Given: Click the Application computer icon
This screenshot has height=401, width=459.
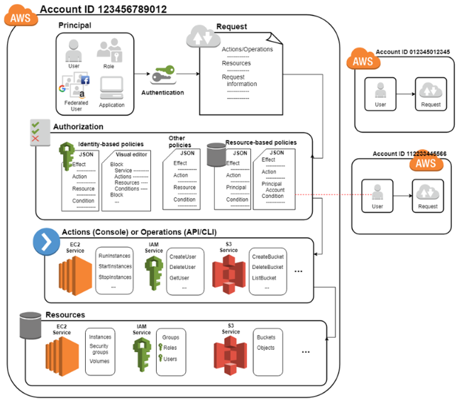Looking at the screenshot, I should (112, 87).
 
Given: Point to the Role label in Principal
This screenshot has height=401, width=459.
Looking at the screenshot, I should (109, 65).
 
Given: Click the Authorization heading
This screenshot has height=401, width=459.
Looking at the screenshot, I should (78, 127).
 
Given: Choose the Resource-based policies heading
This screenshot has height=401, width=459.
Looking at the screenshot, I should (260, 142).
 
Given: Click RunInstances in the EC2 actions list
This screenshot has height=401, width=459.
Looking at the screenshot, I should (115, 254).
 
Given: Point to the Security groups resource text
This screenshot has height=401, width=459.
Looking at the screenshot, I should (99, 349).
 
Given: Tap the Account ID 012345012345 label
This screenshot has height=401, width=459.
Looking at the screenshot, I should (409, 52).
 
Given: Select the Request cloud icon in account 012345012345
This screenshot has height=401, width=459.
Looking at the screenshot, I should (429, 90).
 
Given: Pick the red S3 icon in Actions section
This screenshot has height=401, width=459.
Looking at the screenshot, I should (228, 273).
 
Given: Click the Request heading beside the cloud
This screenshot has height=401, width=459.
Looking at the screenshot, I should (232, 27).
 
